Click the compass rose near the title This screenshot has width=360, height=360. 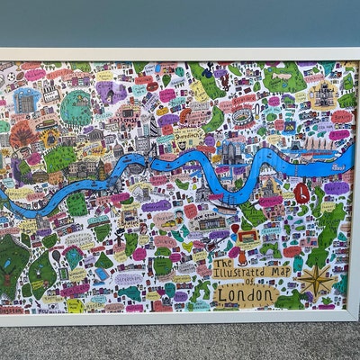coord(317,282)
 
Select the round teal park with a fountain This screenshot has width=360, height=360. coord(76,108)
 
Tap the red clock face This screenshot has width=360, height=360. coord(302,192)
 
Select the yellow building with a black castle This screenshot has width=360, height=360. coord(322,94)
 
